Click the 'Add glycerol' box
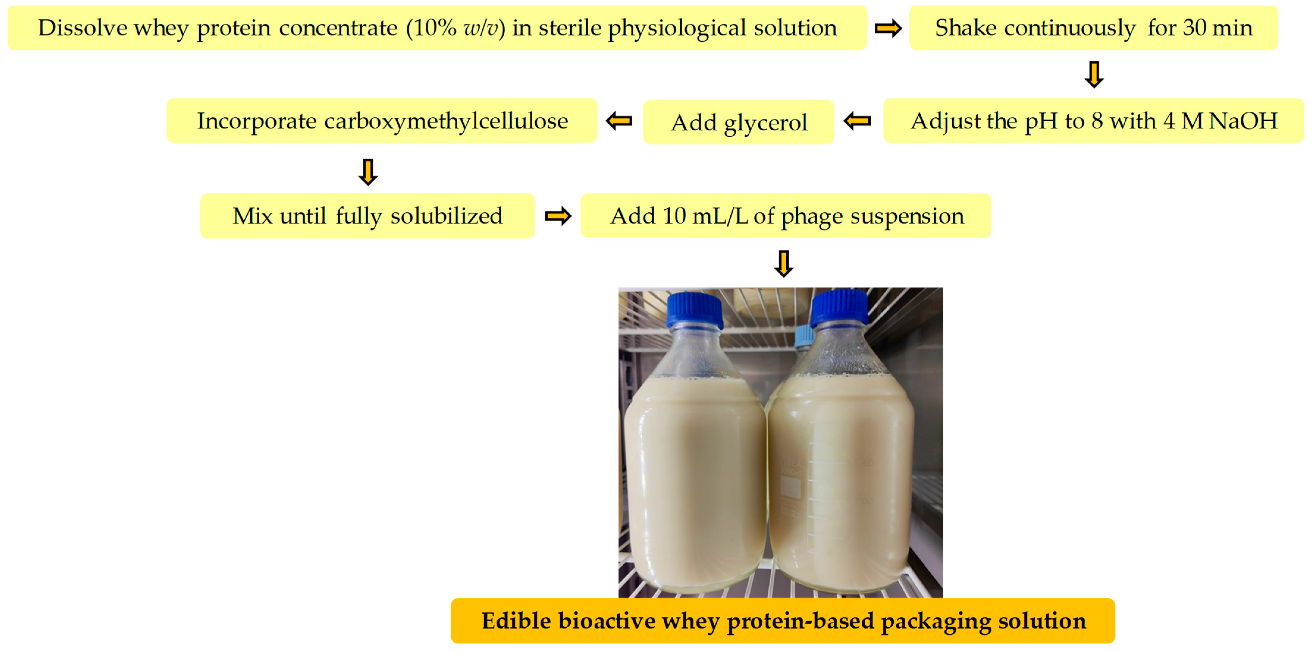pos(738,122)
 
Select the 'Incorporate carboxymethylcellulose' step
pos(382,121)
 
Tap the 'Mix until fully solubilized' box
pos(368,216)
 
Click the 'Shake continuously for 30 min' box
pos(1093,28)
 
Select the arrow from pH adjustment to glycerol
pos(857,121)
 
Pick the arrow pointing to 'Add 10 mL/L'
pos(558,216)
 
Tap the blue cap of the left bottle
pos(694,310)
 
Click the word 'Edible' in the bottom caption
pos(517,621)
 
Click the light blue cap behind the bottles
pos(804,337)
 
